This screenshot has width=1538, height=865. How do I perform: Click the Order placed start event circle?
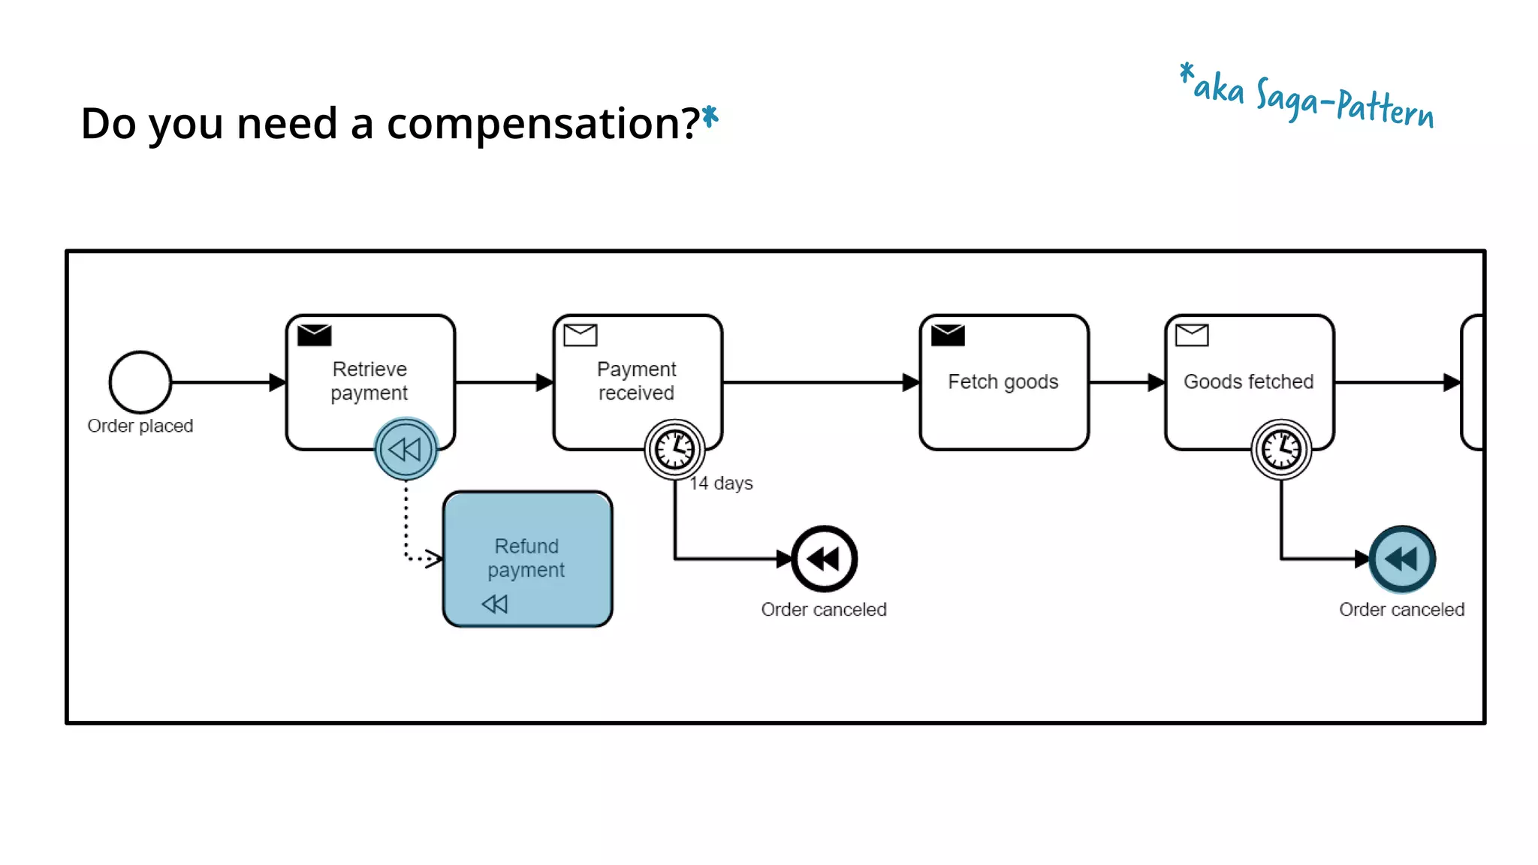140,382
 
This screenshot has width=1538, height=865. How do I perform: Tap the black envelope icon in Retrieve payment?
314,335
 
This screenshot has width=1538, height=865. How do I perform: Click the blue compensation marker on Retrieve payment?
406,449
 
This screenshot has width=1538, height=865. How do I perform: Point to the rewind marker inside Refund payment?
495,604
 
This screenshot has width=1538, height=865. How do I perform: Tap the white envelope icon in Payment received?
581,335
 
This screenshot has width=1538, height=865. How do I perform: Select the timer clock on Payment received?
674,449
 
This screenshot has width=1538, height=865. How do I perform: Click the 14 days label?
721,483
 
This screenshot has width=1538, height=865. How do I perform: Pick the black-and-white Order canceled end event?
824,559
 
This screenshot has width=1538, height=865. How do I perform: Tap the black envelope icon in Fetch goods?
948,335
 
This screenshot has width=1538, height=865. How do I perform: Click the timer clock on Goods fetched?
1280,449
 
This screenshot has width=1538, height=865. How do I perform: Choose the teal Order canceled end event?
1401,559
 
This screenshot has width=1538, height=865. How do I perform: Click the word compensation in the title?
543,124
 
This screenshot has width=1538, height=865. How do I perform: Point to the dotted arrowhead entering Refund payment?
434,558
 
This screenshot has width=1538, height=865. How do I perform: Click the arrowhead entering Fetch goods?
911,382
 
